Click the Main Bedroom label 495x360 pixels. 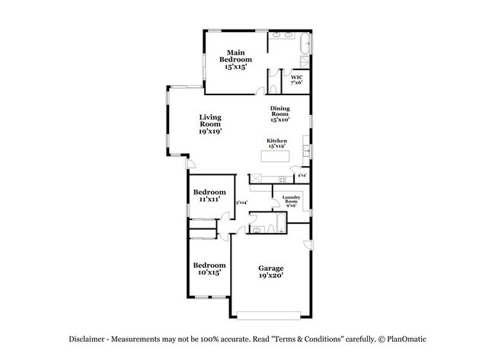232,59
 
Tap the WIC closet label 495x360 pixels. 297,79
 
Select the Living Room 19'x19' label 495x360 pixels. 210,123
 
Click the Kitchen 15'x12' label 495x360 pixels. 276,144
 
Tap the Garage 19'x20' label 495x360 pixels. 270,272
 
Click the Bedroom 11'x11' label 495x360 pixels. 209,195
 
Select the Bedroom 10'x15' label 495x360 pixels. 208,268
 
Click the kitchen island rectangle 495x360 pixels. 275,156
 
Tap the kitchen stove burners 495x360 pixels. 282,179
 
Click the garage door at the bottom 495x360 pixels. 273,314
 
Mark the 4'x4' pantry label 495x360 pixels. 302,176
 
